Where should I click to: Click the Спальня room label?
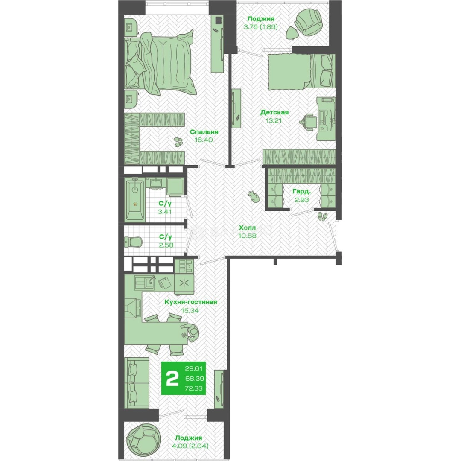[x=204, y=132]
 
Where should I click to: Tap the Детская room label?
[x=274, y=112]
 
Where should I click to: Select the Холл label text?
[x=247, y=228]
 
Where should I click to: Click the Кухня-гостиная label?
[x=190, y=302]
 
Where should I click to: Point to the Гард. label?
[x=302, y=192]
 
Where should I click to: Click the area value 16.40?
[x=204, y=140]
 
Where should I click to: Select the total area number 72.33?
[x=194, y=388]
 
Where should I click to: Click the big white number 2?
[x=172, y=378]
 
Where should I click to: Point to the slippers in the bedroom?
[x=178, y=142]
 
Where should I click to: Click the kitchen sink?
[x=144, y=283]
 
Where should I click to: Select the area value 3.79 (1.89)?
[x=260, y=27]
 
